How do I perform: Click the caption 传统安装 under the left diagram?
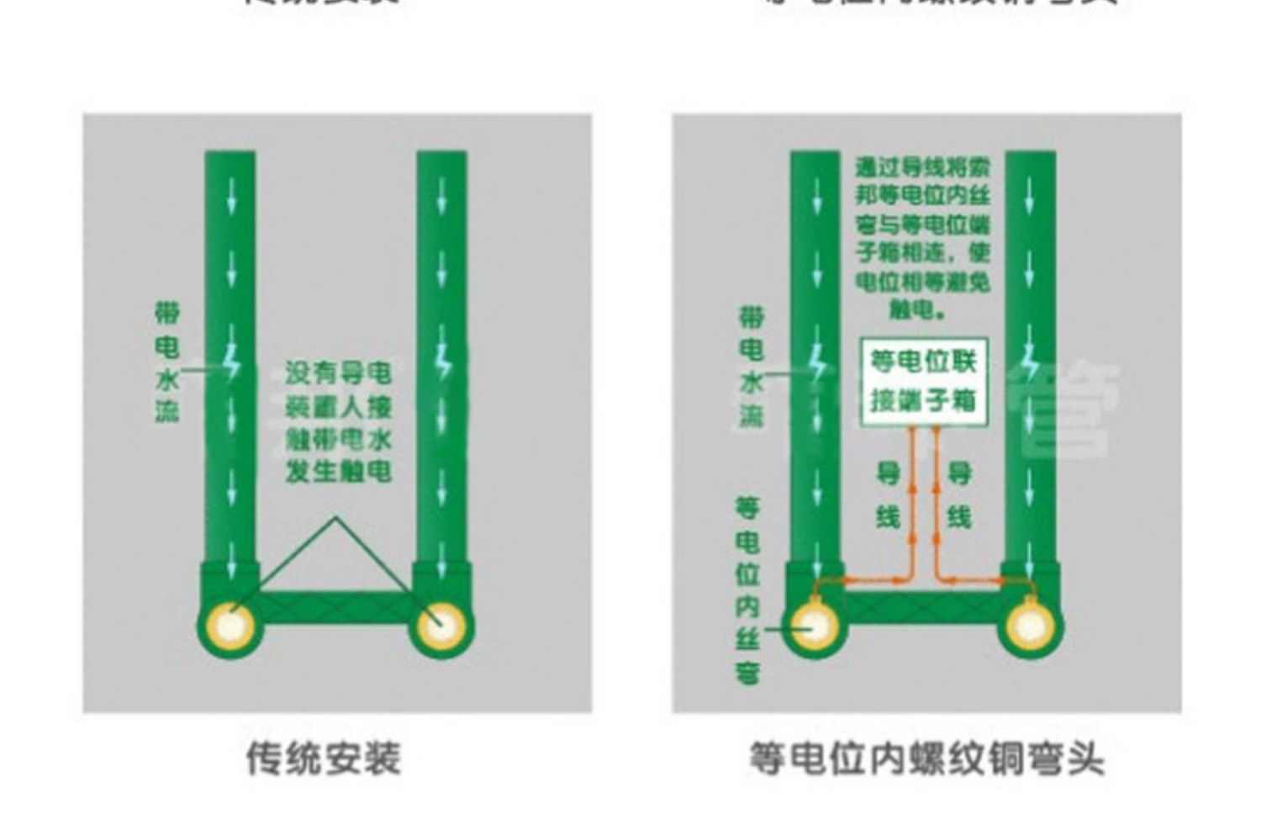tap(324, 758)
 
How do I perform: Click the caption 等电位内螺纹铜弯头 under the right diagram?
tap(926, 758)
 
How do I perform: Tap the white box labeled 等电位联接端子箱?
tap(924, 382)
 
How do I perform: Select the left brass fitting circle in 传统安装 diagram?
tap(230, 627)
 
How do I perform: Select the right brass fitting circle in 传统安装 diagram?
tap(441, 627)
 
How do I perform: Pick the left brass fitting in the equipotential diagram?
tap(814, 627)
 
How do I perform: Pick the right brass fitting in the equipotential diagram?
tap(1030, 627)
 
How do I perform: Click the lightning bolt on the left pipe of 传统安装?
tap(231, 363)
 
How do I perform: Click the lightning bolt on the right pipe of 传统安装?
tap(442, 363)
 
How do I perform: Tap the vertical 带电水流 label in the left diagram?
tap(166, 362)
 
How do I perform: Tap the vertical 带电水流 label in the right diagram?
tap(751, 367)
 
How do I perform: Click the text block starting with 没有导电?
tap(338, 422)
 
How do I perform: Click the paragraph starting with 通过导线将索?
tap(922, 238)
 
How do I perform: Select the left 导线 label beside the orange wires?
tap(888, 494)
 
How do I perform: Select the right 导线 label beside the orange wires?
tap(959, 494)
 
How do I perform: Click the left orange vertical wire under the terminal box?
tap(914, 505)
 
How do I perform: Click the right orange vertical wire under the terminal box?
tap(936, 505)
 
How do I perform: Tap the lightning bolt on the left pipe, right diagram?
tap(815, 363)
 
